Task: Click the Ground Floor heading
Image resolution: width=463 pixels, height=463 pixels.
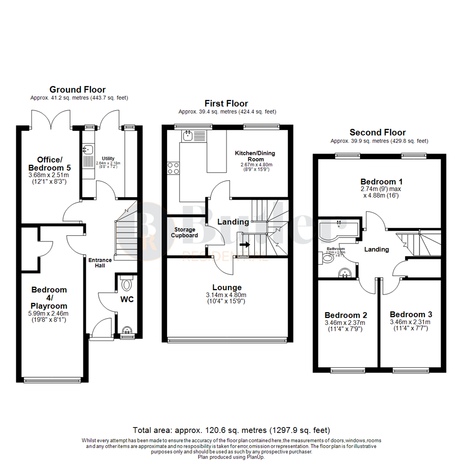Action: point(78,90)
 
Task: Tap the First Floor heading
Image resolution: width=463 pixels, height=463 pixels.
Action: point(226,103)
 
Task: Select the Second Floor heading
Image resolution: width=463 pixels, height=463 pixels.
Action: point(377,132)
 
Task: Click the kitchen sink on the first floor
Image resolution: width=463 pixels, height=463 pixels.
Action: point(188,136)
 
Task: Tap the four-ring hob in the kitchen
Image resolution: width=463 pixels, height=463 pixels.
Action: point(174,168)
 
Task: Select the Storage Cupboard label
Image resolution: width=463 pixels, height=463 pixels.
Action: point(185,232)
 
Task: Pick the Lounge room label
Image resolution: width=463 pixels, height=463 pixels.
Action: point(227,287)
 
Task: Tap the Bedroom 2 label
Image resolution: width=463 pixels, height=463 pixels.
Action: point(346,314)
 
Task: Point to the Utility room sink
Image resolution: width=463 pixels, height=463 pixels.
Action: point(87,150)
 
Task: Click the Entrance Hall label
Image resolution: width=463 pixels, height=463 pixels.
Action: point(100,263)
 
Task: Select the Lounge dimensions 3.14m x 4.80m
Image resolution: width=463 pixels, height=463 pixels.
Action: point(227,295)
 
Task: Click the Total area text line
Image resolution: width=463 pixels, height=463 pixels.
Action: point(231,430)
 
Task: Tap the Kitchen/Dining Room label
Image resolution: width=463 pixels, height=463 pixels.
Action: point(255,156)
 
